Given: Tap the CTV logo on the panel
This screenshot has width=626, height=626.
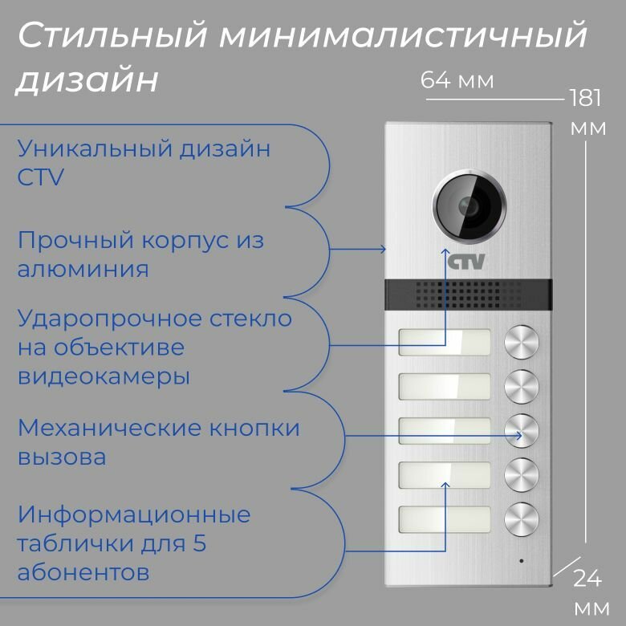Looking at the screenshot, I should tap(467, 262).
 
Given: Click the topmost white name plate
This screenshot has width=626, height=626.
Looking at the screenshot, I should tap(444, 343).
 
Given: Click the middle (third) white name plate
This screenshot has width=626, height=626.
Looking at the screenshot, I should tap(444, 431).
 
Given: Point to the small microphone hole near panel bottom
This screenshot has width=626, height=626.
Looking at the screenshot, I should tap(520, 559).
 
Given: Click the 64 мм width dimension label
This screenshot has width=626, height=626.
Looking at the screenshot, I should tap(457, 81).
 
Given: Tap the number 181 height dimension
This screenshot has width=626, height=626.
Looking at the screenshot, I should tap(586, 99).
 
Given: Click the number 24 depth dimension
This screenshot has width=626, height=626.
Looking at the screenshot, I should tap(588, 577).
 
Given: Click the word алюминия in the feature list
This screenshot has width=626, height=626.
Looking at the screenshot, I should tap(83, 268).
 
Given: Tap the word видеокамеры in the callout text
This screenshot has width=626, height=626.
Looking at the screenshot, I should tap(104, 376).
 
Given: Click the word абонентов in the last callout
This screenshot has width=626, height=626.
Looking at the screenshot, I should tap(83, 573).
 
